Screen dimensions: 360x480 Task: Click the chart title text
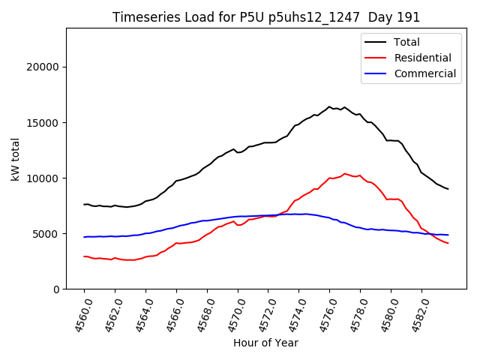266,17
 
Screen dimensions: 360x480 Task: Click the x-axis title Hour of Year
265,343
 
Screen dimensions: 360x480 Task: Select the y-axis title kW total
15,158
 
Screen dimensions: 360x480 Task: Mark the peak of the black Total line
329,106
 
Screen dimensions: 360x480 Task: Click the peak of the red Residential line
345,174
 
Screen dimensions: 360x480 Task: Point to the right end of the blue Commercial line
448,235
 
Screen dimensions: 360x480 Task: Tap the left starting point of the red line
84,256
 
